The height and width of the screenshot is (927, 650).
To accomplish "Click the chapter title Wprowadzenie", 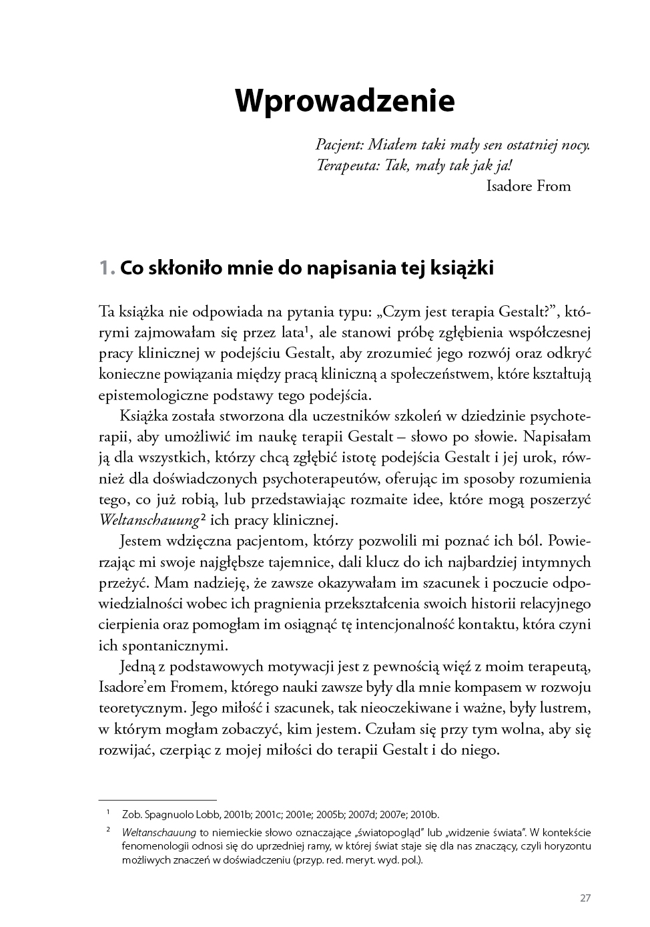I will [344, 100].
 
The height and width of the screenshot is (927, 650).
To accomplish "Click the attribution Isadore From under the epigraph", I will [529, 186].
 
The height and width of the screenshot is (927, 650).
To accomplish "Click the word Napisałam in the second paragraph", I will [557, 436].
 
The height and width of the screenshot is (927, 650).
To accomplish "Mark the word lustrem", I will [565, 707].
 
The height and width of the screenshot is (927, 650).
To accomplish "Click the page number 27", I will [585, 898].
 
